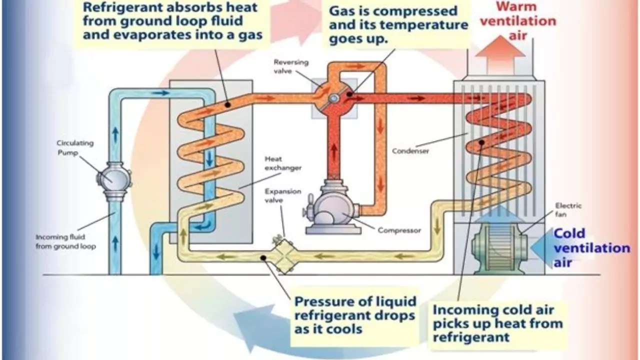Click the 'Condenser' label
tap(410, 150)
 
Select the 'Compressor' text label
tap(399, 230)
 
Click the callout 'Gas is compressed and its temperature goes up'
tap(398, 25)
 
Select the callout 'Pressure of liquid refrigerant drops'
tap(355, 315)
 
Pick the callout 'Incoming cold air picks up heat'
tap(497, 322)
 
